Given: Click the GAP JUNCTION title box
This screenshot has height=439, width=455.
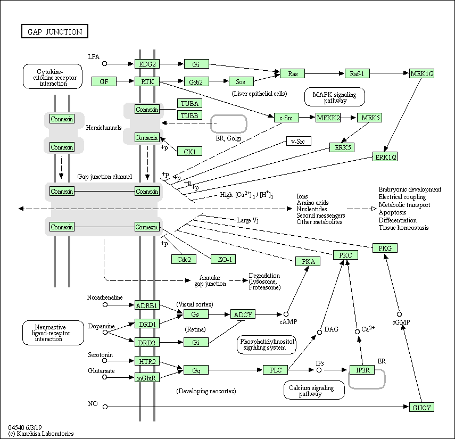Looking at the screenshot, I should click(54, 32).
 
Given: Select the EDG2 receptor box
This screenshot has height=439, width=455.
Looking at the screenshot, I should click(147, 64).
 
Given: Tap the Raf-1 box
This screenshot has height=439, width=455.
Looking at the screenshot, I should click(357, 73).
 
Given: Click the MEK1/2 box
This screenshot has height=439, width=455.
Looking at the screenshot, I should click(422, 73).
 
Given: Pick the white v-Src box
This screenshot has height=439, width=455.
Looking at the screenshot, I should click(299, 141).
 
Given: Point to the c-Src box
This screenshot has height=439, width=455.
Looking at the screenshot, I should click(286, 118).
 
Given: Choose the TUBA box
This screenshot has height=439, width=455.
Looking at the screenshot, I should click(189, 103).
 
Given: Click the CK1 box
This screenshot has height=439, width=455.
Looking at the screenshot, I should click(189, 152).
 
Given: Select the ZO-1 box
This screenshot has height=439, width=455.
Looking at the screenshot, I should click(223, 259).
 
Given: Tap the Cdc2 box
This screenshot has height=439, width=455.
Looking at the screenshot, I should click(184, 259).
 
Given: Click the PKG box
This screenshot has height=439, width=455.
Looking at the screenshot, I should click(385, 248).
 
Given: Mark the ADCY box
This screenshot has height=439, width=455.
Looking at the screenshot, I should click(243, 314).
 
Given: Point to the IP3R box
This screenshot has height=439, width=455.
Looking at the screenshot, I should click(362, 370).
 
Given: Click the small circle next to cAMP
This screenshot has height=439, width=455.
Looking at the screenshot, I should click(286, 314).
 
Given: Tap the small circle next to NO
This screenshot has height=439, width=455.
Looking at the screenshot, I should click(105, 407).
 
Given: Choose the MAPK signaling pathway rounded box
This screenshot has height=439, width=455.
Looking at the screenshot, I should click(335, 97).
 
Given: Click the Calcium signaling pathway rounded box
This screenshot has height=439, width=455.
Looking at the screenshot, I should click(314, 391).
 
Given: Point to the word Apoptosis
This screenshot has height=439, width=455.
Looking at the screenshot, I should click(393, 212).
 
